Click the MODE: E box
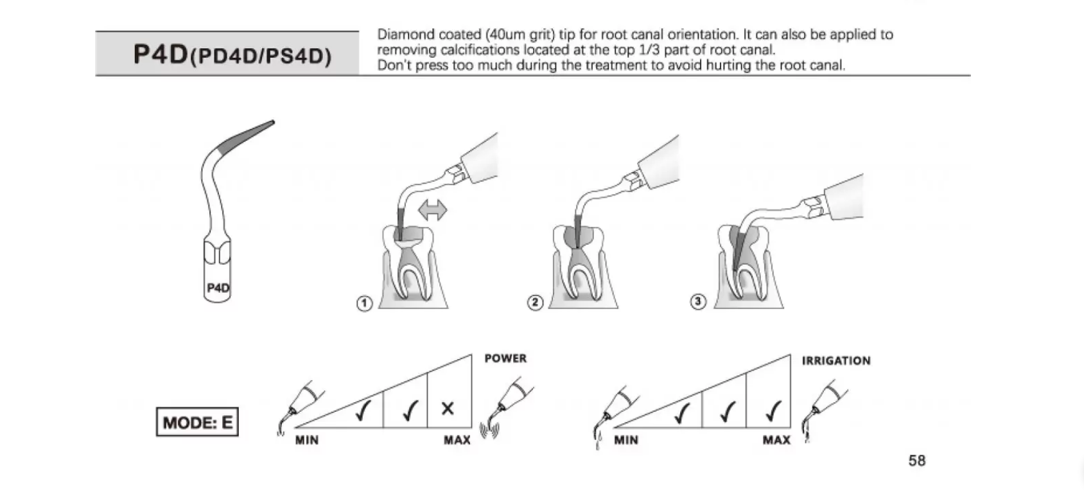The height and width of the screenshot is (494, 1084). click(x=197, y=422)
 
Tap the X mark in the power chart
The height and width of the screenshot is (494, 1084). click(x=448, y=408)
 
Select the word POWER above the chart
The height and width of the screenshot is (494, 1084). click(x=505, y=358)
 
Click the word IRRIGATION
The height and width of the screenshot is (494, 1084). click(x=836, y=361)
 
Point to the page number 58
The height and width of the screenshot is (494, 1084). click(x=916, y=460)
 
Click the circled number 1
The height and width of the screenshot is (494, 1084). click(x=364, y=303)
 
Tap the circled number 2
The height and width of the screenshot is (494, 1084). click(x=535, y=302)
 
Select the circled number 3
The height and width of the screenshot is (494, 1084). click(x=698, y=301)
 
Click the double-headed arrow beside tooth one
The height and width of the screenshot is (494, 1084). click(x=432, y=210)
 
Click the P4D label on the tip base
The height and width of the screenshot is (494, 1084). click(x=218, y=288)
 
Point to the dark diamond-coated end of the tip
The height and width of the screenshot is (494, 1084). click(x=248, y=136)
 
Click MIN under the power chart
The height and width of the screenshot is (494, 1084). click(x=307, y=440)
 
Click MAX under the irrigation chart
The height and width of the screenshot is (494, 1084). click(x=776, y=440)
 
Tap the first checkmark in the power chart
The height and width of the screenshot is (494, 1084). click(x=362, y=410)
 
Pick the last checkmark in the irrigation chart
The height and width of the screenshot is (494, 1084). click(x=773, y=410)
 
